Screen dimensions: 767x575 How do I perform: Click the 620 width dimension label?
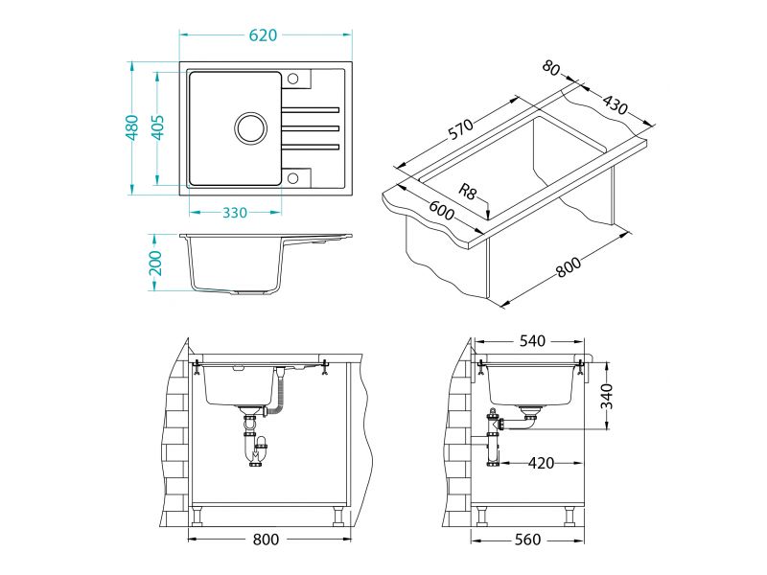pos(263,35)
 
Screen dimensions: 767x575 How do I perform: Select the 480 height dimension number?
pos(132,127)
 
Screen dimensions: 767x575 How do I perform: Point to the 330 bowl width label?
pos(235,213)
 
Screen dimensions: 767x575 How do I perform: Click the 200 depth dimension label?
pos(155,263)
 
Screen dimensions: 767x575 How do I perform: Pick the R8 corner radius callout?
pos(467,191)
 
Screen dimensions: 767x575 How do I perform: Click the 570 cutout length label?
pos(461,129)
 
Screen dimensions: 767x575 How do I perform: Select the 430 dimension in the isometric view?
pos(615,104)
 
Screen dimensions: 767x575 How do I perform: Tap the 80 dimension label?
pos(550,68)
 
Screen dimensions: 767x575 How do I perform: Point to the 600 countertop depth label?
pos(442,210)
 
